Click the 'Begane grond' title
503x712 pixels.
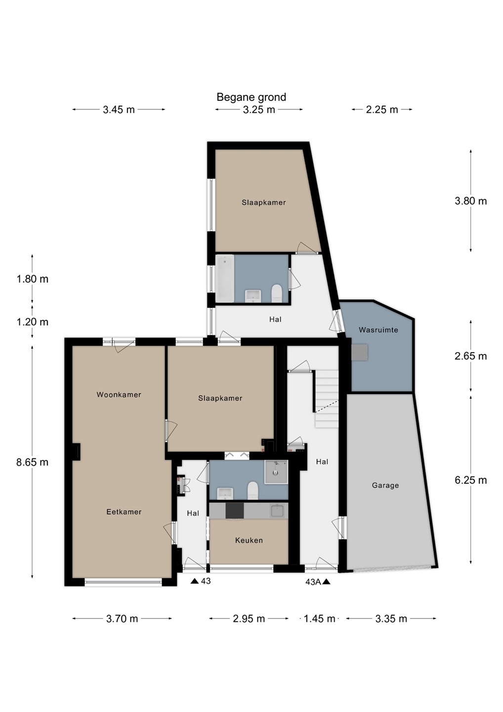[x=251, y=97]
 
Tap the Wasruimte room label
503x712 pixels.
[x=378, y=330]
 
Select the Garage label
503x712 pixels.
[x=385, y=486]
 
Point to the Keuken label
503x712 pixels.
[x=249, y=540]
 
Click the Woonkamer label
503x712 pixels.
[x=119, y=395]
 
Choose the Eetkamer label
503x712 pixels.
[x=124, y=512]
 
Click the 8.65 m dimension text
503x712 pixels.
[x=33, y=462]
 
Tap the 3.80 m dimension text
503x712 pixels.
[x=470, y=201]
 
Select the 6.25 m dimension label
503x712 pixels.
[x=470, y=480]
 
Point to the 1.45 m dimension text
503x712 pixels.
[x=320, y=619]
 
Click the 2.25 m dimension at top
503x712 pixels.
[x=381, y=110]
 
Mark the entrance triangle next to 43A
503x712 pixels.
[x=327, y=581]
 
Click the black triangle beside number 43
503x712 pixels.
[x=195, y=581]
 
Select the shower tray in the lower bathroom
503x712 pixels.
[x=276, y=472]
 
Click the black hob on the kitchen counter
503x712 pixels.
[x=235, y=510]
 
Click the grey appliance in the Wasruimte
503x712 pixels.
[x=360, y=352]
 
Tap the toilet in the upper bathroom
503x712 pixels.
[x=277, y=293]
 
